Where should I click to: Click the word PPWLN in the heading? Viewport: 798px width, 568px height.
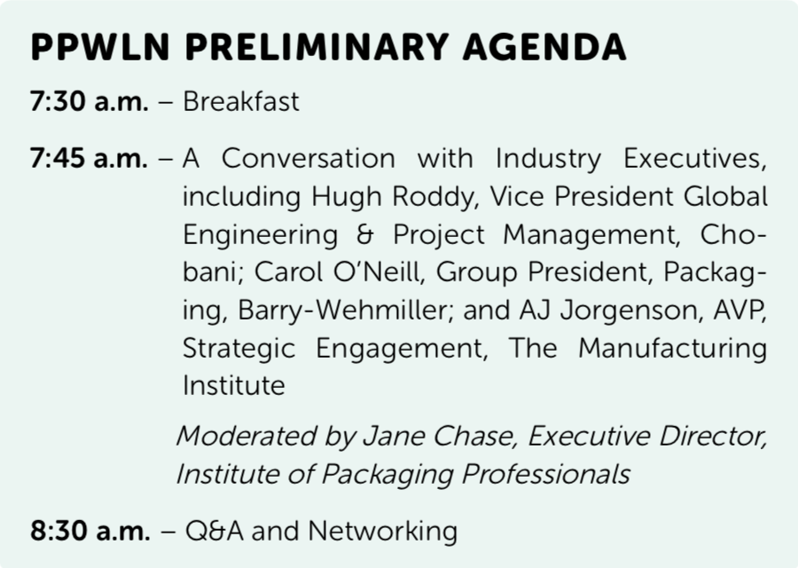(99, 47)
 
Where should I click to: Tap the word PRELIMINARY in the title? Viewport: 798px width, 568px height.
(317, 47)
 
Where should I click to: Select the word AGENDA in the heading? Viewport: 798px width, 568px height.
(544, 47)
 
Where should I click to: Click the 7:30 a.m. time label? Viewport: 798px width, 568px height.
(90, 101)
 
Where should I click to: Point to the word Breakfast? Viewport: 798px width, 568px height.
(241, 101)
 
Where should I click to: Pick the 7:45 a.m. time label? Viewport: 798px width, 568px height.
(90, 159)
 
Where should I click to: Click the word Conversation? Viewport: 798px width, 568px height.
(309, 159)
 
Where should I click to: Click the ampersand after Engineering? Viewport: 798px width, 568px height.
(365, 235)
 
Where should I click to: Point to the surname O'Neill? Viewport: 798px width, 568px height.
(378, 272)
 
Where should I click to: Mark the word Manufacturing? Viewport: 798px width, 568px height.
(673, 349)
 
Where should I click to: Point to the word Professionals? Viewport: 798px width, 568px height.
(545, 474)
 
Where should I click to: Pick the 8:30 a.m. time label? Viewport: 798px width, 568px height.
(90, 531)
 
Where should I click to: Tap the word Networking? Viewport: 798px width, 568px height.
(383, 531)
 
